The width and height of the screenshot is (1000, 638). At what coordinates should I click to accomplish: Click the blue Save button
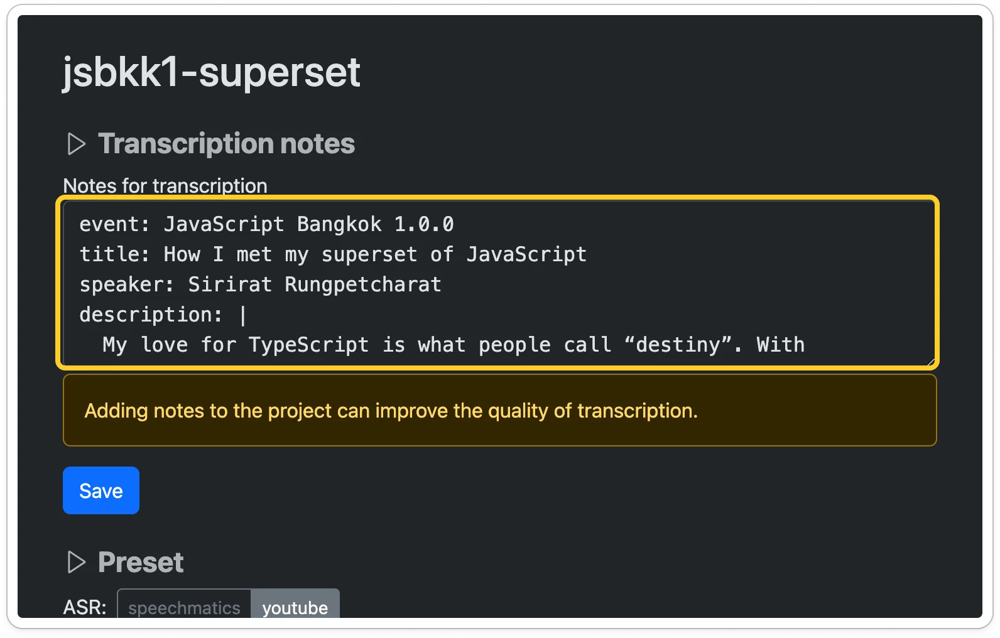101,490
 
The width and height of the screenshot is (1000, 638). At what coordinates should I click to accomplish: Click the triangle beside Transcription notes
77,144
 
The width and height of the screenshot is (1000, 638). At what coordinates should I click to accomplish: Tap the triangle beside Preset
77,562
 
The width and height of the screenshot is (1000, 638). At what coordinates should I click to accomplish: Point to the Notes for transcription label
165,186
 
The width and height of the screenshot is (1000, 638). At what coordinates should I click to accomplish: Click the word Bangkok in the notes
339,224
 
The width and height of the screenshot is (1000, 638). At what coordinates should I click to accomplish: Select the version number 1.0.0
424,224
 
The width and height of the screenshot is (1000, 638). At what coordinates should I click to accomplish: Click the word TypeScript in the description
308,345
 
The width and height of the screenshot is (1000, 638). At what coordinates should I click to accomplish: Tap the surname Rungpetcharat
363,284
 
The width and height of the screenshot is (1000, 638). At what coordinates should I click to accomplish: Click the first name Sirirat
230,284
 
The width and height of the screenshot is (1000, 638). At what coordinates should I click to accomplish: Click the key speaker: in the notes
127,284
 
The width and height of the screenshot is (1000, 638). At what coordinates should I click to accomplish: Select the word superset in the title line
369,255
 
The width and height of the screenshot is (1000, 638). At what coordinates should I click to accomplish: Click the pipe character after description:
243,315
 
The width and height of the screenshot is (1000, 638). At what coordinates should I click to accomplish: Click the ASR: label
85,607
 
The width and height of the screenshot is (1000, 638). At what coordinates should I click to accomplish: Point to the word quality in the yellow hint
518,411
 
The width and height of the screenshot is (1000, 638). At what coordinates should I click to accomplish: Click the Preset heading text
141,562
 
